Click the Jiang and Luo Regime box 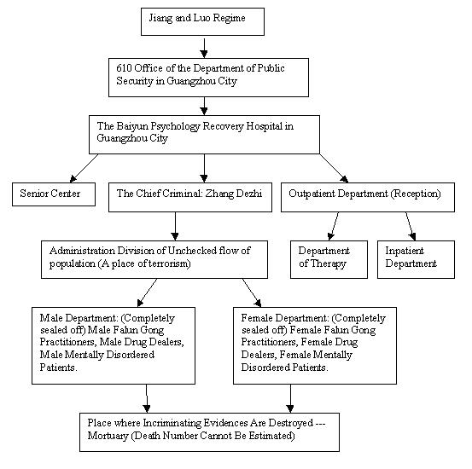click(x=202, y=21)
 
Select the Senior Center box click(x=54, y=194)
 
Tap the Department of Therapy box click(x=329, y=259)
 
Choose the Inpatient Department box click(x=416, y=259)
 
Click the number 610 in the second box click(x=124, y=68)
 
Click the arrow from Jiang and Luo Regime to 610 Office click(x=204, y=47)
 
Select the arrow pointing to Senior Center click(x=84, y=168)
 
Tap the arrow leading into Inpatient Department click(x=411, y=226)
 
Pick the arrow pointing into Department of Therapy click(x=333, y=226)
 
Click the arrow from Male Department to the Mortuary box click(x=147, y=398)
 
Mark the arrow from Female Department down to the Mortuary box click(x=290, y=398)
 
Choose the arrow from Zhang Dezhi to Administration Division click(x=175, y=226)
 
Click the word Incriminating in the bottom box click(x=172, y=423)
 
